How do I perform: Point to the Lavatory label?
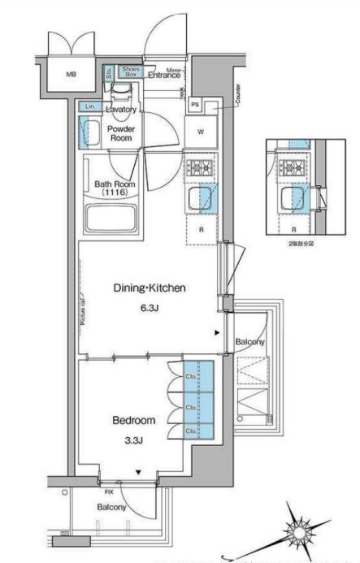(x=120, y=109)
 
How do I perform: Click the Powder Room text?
(x=120, y=133)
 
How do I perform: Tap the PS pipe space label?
(x=195, y=103)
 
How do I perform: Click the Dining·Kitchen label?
(x=150, y=288)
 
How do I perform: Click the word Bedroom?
(x=133, y=420)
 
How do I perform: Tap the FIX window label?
(x=109, y=492)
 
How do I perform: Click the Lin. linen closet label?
(x=90, y=107)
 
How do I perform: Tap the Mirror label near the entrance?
(x=174, y=71)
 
